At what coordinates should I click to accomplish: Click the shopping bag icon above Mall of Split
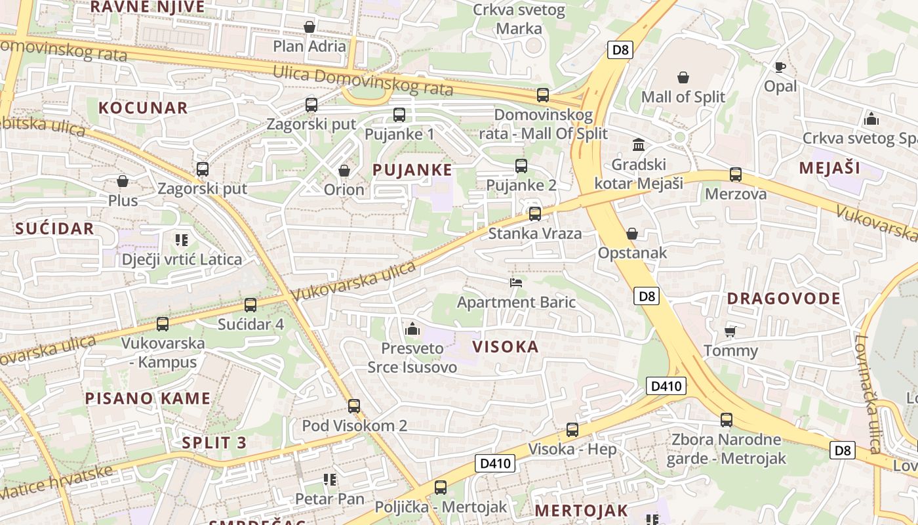coord(683,77)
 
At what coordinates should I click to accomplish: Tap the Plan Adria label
coord(309,46)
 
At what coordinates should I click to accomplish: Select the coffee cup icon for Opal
coord(780,67)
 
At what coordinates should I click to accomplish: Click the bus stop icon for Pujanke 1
coord(399,115)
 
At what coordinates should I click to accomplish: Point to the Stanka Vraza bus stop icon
coord(535,213)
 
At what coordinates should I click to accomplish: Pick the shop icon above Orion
coord(344,171)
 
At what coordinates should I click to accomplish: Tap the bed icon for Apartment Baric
coord(516,283)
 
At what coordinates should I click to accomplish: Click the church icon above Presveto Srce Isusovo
coord(412,328)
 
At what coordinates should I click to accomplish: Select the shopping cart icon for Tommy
coord(730,331)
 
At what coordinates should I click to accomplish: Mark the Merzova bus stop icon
coord(736,175)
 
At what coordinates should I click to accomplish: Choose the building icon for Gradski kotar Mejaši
coord(638,144)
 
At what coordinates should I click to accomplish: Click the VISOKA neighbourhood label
coord(506,346)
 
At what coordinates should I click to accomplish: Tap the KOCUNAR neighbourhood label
coord(143,108)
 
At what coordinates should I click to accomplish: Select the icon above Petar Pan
coord(330,480)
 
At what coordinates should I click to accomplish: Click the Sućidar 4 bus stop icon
coord(250,304)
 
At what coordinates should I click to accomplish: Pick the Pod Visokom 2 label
coord(354,425)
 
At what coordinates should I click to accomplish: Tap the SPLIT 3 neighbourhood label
coord(214,442)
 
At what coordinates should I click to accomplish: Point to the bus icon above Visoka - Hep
coord(572,430)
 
